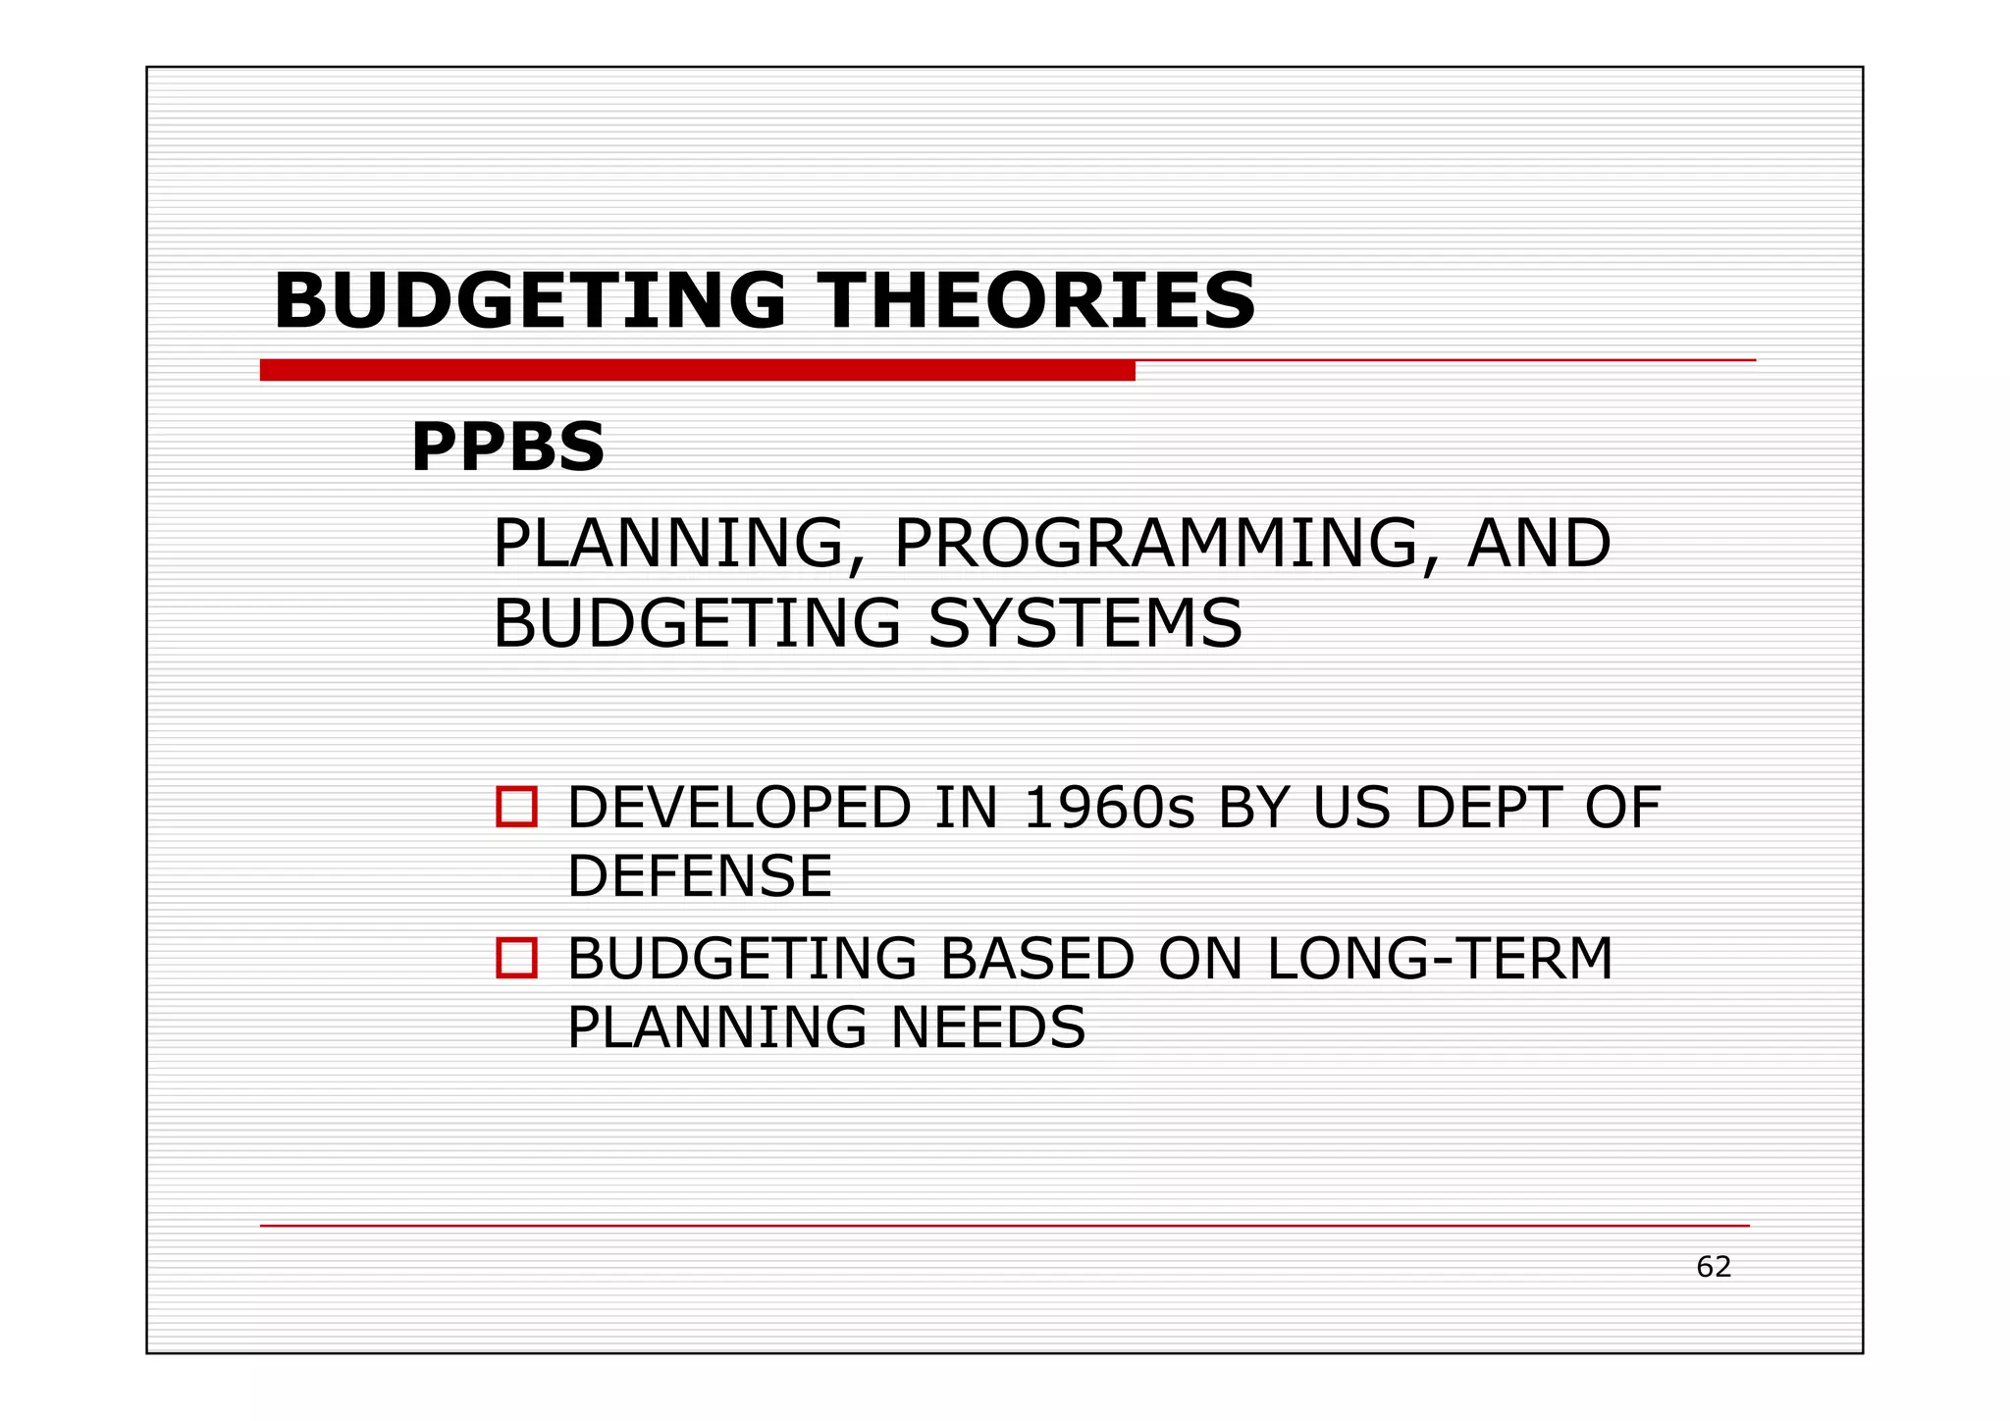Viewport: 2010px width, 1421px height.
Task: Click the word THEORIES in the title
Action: (1037, 300)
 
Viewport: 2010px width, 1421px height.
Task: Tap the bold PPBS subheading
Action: (507, 447)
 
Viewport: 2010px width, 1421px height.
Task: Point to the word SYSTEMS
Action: (1084, 623)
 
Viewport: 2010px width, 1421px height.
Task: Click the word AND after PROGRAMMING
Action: (1538, 544)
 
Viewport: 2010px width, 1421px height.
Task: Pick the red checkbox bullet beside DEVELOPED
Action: (516, 807)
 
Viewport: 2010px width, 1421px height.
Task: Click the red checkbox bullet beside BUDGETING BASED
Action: (516, 958)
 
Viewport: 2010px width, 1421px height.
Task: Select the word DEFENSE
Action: (700, 875)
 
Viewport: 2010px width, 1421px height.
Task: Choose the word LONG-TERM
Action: (1440, 959)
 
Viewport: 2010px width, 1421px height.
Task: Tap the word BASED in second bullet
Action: (1037, 959)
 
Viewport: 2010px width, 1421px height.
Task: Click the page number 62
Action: (1714, 1267)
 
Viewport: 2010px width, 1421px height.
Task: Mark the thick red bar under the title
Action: (697, 370)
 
